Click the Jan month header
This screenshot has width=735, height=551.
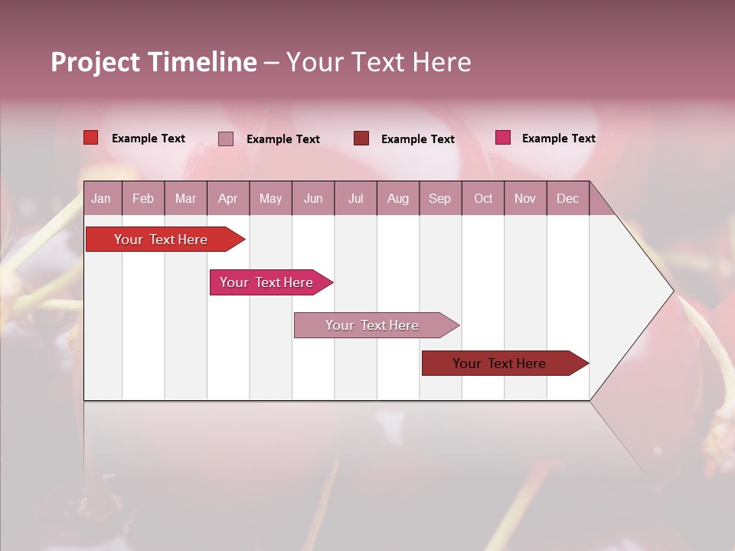101,199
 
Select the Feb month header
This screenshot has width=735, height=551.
143,199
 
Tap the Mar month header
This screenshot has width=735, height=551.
185,199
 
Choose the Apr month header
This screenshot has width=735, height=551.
227,199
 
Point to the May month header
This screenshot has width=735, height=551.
270,199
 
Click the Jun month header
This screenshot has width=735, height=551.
313,199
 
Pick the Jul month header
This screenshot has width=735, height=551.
355,199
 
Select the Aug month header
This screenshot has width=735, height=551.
398,199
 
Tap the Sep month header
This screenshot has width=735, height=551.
440,199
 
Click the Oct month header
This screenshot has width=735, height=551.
483,199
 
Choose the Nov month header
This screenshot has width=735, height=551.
525,199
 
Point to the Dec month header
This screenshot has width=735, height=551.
567,199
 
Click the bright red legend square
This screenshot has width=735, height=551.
91,138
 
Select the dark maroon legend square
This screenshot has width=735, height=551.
361,139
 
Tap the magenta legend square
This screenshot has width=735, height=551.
502,138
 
